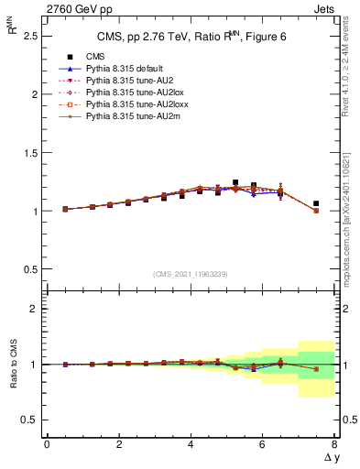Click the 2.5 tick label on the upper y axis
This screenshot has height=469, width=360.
[x=29, y=36]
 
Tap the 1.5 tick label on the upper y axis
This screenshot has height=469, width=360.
[x=29, y=153]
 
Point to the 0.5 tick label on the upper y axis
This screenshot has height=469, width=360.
[x=29, y=269]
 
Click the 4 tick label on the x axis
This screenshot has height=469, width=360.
[x=191, y=444]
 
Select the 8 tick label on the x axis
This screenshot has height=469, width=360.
[x=334, y=444]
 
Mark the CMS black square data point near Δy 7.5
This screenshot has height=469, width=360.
[x=316, y=203]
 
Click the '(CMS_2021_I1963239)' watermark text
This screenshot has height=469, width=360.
[x=190, y=274]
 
